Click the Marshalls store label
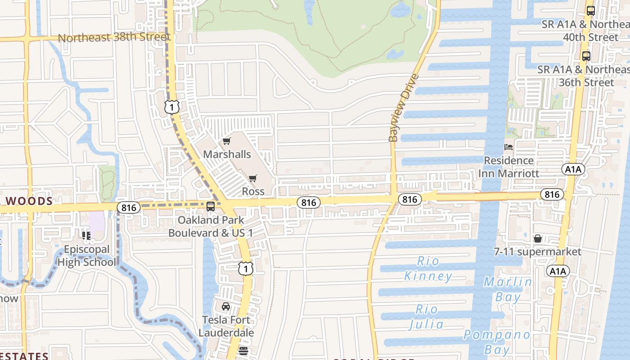(x=227, y=154)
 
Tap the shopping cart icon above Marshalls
(x=227, y=141)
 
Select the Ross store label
(x=253, y=191)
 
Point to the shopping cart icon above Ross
(x=253, y=179)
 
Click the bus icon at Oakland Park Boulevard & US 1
(x=210, y=207)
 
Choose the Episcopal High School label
(x=86, y=256)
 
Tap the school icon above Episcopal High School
(x=86, y=235)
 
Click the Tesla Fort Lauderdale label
(x=226, y=326)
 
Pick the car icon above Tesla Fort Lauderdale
(x=226, y=306)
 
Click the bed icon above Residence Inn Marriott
(x=508, y=147)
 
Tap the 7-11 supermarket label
(x=537, y=252)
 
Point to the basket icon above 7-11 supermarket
(x=537, y=238)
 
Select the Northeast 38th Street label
(x=114, y=37)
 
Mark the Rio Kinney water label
(x=428, y=269)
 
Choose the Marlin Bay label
(x=508, y=289)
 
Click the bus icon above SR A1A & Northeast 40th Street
(x=591, y=11)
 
